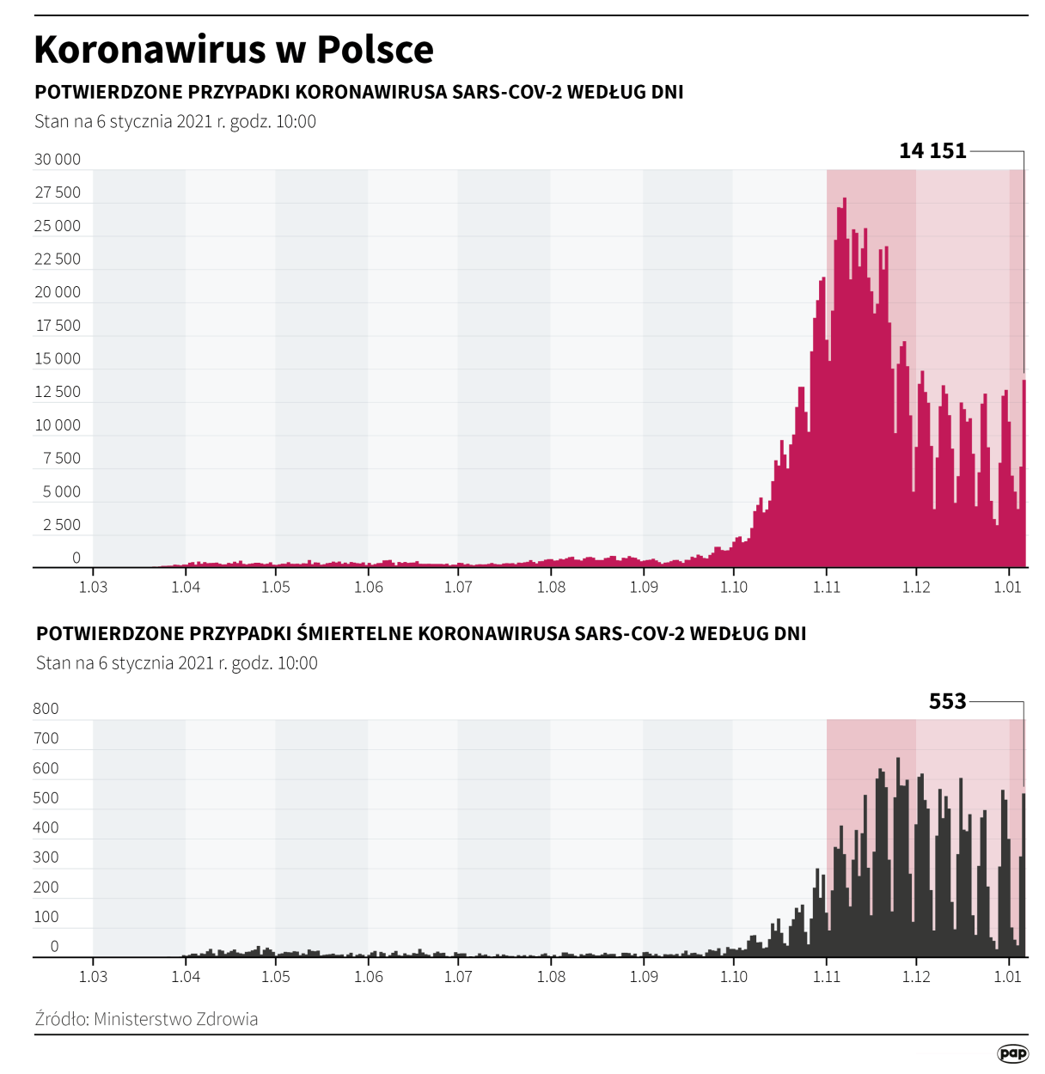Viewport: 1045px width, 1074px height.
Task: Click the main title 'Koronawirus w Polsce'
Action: click(x=234, y=50)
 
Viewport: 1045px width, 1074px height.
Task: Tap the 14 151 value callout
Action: click(x=932, y=151)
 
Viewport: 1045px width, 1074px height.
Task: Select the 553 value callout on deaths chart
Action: click(x=947, y=702)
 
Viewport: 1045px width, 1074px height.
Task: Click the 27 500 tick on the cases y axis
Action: click(x=58, y=192)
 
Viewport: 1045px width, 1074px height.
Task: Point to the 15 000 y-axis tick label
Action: click(x=58, y=358)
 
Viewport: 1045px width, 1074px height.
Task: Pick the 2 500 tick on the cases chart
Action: click(x=61, y=525)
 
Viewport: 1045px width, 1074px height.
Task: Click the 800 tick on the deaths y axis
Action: click(x=46, y=709)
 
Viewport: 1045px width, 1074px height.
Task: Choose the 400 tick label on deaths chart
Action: click(x=46, y=827)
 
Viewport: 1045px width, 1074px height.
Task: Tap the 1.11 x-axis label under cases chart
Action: click(x=826, y=587)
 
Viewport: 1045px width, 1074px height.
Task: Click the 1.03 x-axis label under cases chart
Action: click(x=93, y=587)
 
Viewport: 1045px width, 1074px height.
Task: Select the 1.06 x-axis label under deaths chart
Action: click(x=368, y=976)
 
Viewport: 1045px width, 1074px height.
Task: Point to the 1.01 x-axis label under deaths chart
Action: click(x=1007, y=976)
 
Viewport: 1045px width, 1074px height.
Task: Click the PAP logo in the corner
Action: click(x=1012, y=1053)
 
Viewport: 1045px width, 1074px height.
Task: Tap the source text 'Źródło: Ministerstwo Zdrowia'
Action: click(x=146, y=1019)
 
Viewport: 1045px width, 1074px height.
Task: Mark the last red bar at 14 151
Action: click(x=1024, y=473)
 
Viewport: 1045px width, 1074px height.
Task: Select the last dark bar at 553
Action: click(x=1024, y=876)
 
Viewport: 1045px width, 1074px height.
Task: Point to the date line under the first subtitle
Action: click(x=175, y=122)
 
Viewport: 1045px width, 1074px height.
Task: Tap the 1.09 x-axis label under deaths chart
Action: click(x=644, y=976)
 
